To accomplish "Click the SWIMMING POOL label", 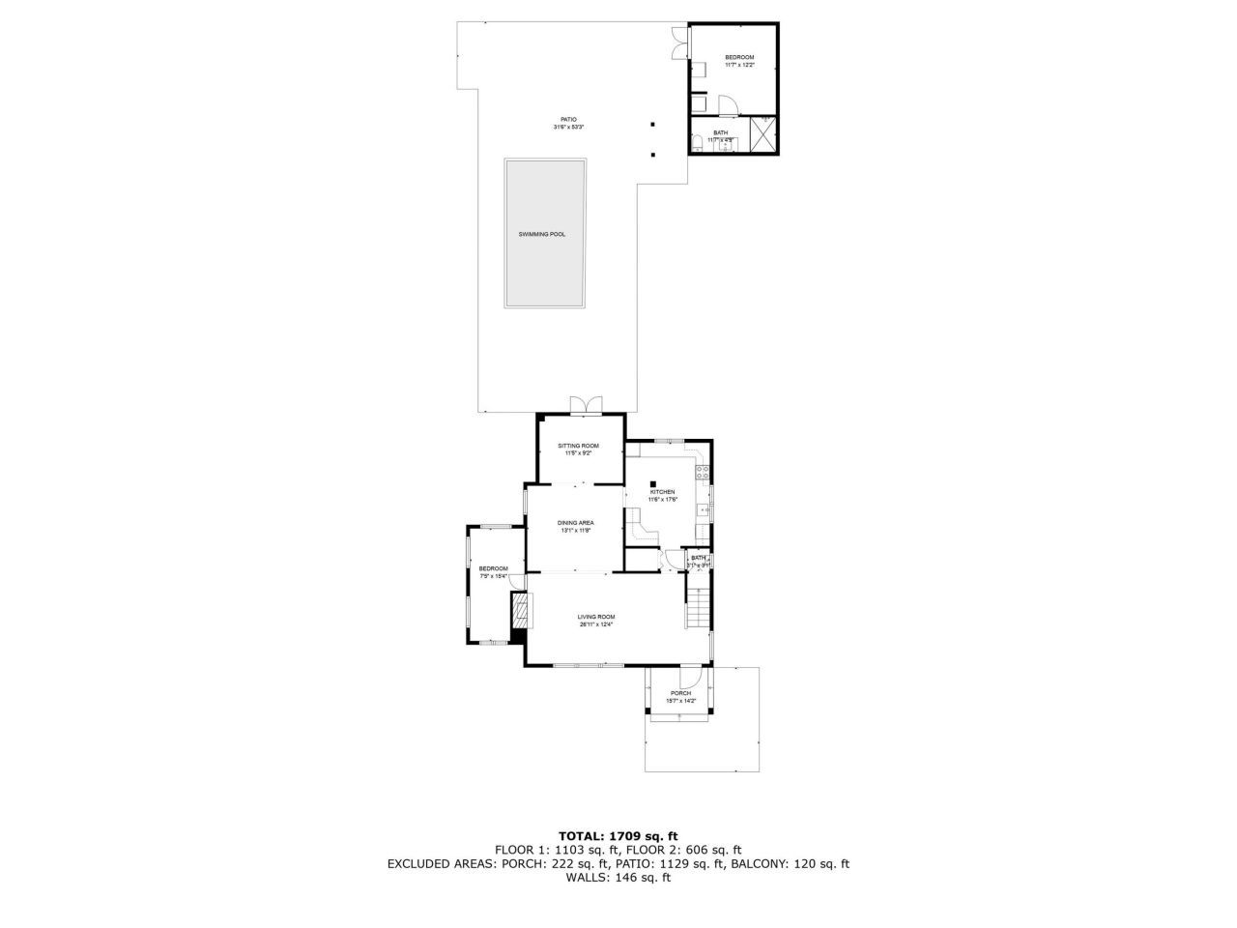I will (x=544, y=234).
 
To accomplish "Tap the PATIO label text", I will (x=568, y=120).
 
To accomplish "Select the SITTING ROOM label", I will (x=578, y=446).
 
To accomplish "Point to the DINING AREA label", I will (x=575, y=523).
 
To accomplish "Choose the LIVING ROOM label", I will (x=596, y=617).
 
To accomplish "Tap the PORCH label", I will (x=680, y=693).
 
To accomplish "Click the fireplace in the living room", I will (x=521, y=611).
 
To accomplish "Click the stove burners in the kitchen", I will (x=704, y=474).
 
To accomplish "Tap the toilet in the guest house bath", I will (x=696, y=145).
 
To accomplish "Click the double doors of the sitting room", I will (x=585, y=404).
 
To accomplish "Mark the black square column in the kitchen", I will (x=653, y=484).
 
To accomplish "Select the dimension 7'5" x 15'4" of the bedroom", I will (x=494, y=576).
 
